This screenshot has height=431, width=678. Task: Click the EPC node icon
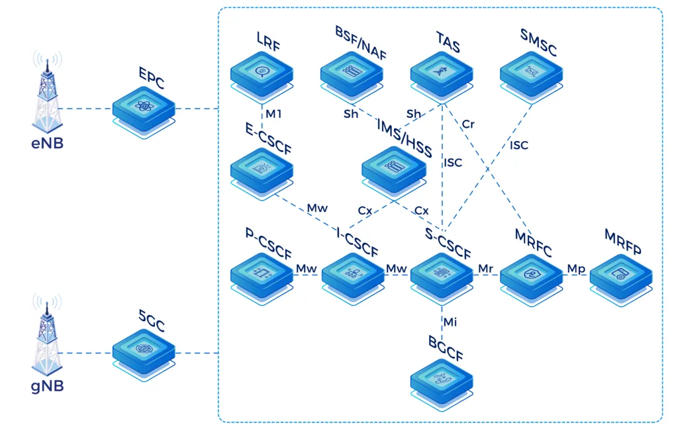(x=144, y=107)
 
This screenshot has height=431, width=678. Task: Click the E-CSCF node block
(x=262, y=169)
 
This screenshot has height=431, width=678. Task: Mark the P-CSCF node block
(x=262, y=273)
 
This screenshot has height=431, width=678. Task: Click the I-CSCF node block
(x=352, y=273)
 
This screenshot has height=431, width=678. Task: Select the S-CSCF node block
(x=442, y=273)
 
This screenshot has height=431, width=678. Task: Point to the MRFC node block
(x=531, y=273)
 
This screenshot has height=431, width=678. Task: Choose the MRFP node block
(x=620, y=273)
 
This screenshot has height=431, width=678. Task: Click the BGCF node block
(x=442, y=379)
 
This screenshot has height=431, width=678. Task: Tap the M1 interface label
(x=273, y=115)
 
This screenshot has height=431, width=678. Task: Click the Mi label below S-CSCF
(x=450, y=322)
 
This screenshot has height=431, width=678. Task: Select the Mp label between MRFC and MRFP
(x=575, y=268)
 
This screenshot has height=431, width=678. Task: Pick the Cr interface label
(x=468, y=124)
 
